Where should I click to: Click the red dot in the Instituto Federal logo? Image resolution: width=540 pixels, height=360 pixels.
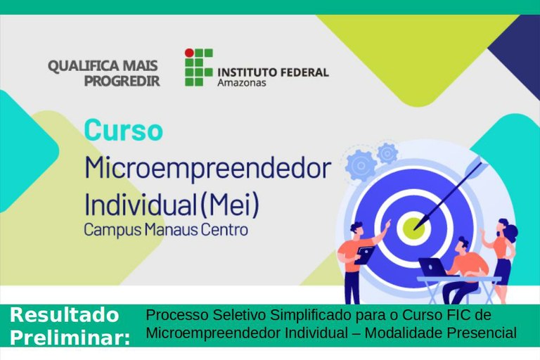(189, 53)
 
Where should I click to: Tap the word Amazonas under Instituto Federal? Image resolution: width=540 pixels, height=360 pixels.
(242, 83)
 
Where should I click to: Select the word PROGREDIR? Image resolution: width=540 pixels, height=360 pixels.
(122, 81)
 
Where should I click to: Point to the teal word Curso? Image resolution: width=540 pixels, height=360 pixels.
(123, 130)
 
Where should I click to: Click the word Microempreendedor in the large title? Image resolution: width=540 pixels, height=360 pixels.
(207, 169)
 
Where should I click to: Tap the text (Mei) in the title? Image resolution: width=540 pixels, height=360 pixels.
(229, 205)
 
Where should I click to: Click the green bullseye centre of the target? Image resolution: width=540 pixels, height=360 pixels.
(413, 228)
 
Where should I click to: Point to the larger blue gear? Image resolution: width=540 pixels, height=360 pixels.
(361, 166)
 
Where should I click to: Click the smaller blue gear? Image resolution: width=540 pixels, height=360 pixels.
(387, 153)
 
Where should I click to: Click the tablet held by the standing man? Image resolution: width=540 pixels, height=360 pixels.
(365, 255)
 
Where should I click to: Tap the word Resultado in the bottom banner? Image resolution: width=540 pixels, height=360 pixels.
(65, 315)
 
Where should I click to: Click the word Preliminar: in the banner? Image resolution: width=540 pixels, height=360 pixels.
(70, 337)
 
